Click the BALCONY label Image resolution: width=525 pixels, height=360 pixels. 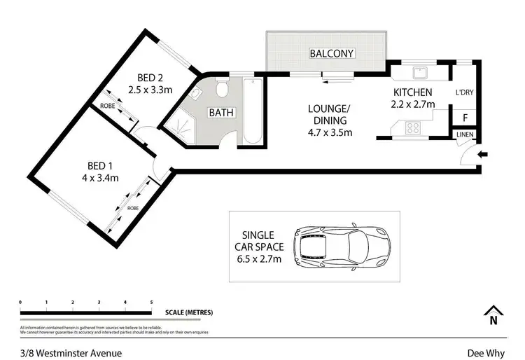click(x=332, y=53)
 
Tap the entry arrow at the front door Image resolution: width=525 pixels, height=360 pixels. click(x=483, y=155)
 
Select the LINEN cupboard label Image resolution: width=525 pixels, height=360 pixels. click(x=464, y=134)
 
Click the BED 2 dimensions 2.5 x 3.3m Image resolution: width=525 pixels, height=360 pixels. click(x=151, y=89)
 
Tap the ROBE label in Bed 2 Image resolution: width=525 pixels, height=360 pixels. click(x=107, y=106)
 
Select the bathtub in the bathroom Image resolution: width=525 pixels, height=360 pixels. click(x=253, y=112)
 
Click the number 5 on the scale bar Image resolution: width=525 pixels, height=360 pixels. click(x=151, y=302)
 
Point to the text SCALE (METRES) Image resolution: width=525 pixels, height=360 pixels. click(x=189, y=312)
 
